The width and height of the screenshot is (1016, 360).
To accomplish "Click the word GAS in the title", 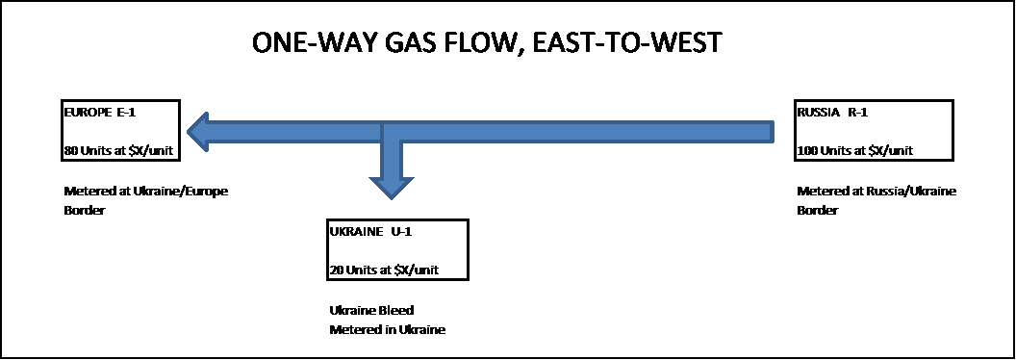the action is coord(412,43).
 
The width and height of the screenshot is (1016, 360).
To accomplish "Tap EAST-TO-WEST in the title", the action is coord(637,43).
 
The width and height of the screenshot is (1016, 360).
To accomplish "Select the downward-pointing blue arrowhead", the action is coord(391,187).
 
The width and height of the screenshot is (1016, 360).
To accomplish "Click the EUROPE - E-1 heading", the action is coord(100,112).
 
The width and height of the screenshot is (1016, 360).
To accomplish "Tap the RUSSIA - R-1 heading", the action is coord(832,112).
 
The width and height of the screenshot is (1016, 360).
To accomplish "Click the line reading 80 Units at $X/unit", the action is coord(117,151).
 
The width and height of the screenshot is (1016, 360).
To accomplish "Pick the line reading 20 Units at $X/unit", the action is coord(382,270).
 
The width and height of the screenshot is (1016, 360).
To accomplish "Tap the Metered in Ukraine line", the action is coord(387,329).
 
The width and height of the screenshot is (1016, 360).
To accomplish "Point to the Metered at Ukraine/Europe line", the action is coord(145,191).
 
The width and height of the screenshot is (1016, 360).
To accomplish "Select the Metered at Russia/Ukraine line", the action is coord(876,191).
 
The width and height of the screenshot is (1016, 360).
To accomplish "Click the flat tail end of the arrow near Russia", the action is coord(770,132).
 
